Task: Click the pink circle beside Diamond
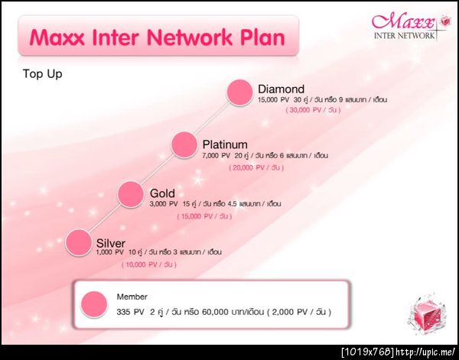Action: click(240, 92)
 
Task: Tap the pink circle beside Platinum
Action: click(184, 145)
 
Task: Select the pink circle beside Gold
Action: click(131, 194)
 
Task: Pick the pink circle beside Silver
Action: click(79, 242)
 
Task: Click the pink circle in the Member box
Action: click(94, 304)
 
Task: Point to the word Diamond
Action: click(282, 89)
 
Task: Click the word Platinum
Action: click(225, 144)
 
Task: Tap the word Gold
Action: click(162, 193)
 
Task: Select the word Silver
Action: click(111, 243)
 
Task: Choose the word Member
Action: click(132, 297)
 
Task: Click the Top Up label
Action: click(42, 73)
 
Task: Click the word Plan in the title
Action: click(262, 38)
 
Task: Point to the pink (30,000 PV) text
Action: click(313, 110)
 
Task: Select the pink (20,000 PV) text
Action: click(256, 168)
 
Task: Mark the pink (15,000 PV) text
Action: click(204, 216)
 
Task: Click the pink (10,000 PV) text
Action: click(149, 264)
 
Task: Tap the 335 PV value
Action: click(130, 313)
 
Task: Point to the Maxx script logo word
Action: click(403, 21)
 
